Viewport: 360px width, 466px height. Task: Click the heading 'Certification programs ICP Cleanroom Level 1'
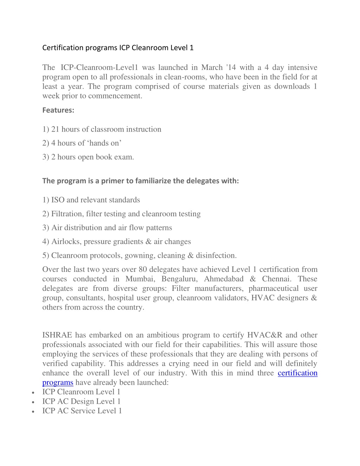point(118,48)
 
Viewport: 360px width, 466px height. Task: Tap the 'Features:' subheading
point(58,110)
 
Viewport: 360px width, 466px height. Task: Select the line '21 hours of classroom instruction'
point(102,129)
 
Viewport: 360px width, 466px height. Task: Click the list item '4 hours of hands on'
point(82,143)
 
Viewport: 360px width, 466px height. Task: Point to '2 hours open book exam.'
point(88,157)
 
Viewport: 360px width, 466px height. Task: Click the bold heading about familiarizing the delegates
point(140,181)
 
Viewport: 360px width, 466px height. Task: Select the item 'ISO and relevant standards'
point(91,200)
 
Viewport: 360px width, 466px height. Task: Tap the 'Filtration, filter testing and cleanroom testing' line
point(121,214)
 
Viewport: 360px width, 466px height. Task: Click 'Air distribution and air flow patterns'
point(107,228)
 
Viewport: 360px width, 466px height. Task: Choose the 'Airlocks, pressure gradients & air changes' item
point(116,242)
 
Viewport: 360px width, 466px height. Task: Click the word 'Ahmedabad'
point(224,279)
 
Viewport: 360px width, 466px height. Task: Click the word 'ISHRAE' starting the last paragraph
point(57,335)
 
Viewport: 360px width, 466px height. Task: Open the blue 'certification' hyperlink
point(297,373)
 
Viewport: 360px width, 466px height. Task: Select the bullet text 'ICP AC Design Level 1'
point(81,402)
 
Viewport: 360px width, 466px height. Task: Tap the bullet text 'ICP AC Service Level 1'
point(82,411)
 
